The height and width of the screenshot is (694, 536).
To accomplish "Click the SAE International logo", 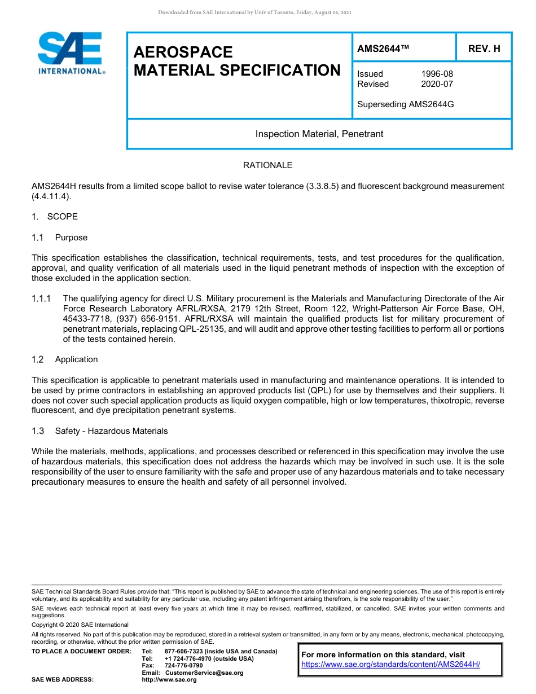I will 71,53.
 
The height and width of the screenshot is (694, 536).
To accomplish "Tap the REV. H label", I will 484,49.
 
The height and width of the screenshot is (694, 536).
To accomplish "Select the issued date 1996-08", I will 437,74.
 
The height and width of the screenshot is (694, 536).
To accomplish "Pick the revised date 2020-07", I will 437,84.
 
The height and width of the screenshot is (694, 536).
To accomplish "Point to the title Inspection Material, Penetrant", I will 319,134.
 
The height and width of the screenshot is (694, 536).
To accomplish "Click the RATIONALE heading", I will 267,165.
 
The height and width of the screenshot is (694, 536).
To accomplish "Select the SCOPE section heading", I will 62,217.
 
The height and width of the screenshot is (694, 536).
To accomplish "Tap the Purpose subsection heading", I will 71,238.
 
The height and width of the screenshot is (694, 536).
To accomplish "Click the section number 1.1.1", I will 42,298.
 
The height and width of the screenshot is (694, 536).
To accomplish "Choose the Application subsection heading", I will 76,359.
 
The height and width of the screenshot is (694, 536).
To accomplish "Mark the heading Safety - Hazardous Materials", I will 111,431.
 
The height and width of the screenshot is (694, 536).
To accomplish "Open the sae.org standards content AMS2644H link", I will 390,665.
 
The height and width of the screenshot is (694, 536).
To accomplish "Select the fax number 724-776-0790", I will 183,666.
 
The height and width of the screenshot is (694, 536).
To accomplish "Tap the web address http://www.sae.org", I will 169,680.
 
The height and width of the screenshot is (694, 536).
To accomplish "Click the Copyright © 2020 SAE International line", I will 80,625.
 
